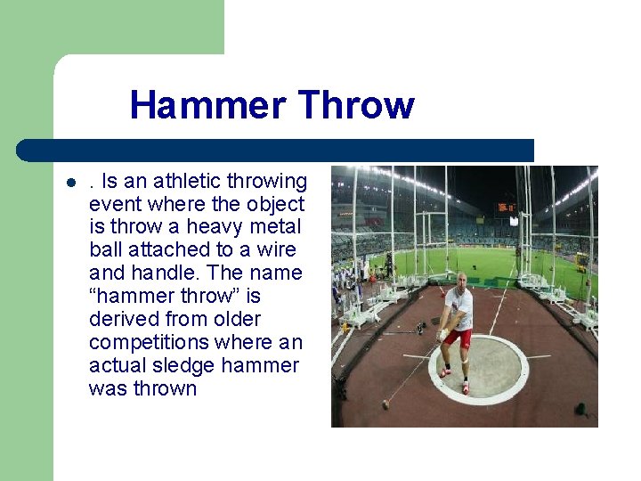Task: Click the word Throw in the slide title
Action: tap(356, 105)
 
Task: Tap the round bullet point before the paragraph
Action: tap(69, 183)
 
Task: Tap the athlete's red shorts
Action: tap(458, 337)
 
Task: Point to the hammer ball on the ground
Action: tap(385, 404)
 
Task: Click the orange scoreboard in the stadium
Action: tap(506, 208)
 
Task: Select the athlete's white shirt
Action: tap(460, 308)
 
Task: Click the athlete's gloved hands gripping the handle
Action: tap(442, 334)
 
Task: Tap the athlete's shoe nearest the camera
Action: tap(465, 388)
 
